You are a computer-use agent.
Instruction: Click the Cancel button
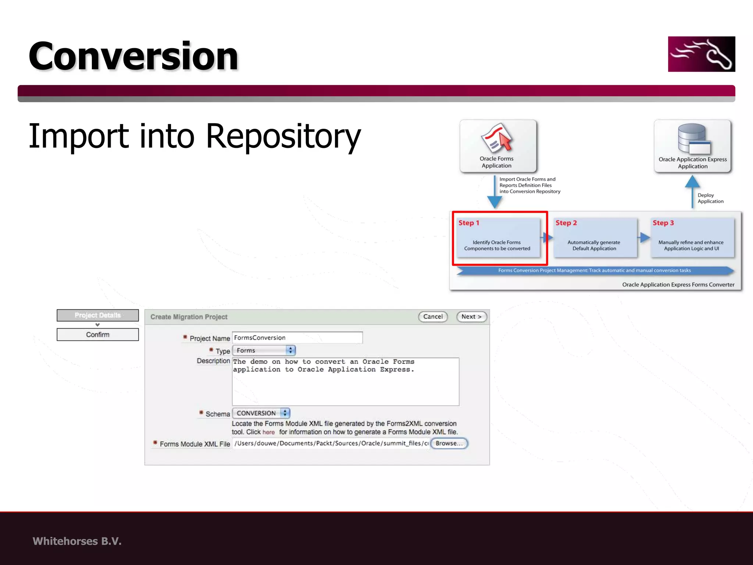(433, 317)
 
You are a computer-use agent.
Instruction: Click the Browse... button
(449, 443)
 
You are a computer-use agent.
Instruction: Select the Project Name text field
(297, 338)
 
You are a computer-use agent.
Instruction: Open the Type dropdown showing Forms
(264, 351)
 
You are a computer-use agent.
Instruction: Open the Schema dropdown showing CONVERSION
(261, 413)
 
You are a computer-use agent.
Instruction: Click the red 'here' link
(268, 432)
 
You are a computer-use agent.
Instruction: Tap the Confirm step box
(98, 335)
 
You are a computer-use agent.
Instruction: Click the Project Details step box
(98, 315)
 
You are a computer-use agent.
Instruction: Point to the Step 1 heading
(469, 223)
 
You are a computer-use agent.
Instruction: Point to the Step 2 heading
(566, 223)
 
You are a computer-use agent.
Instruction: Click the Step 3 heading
(663, 223)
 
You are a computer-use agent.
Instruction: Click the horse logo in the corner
(701, 54)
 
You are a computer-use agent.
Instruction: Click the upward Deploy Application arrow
(692, 191)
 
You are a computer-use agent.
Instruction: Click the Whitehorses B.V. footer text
(77, 541)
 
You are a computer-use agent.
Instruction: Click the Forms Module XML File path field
(331, 443)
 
